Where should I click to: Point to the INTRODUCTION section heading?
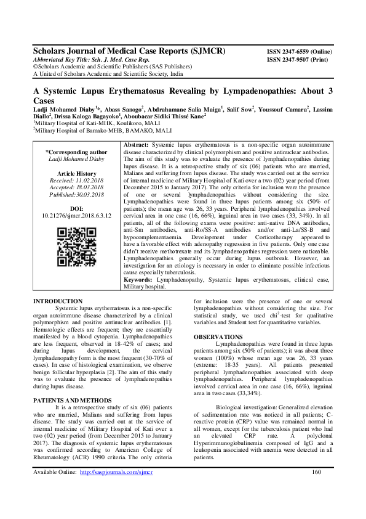(57, 301)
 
